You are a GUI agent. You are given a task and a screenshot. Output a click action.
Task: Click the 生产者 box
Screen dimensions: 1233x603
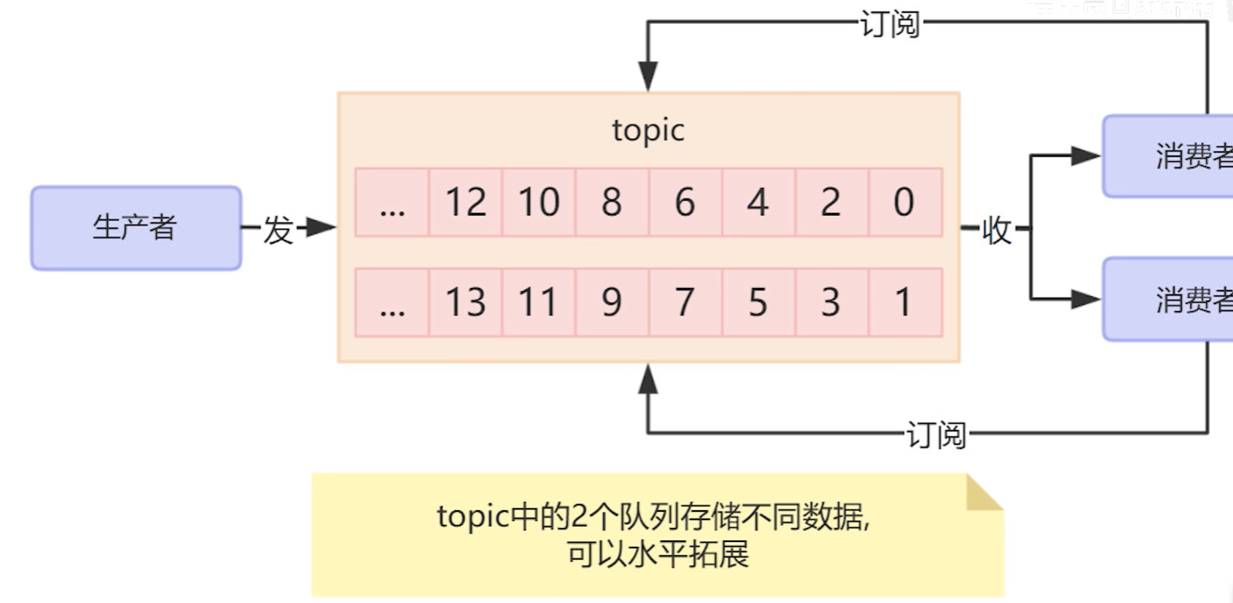136,228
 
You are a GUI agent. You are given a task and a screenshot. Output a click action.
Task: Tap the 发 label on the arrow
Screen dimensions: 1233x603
278,230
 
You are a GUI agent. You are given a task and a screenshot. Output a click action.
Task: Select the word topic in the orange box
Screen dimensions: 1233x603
647,130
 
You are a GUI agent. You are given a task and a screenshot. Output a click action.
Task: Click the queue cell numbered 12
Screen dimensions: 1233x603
465,203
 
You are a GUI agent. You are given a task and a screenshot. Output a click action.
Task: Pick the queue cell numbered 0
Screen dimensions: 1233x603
904,203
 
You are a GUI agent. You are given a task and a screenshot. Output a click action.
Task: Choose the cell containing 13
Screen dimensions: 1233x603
465,303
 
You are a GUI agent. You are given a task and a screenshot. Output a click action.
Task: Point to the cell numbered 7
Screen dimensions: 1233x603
684,303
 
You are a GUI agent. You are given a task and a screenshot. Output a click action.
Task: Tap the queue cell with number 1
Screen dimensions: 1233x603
904,303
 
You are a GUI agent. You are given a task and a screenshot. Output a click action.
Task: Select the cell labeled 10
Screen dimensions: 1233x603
538,203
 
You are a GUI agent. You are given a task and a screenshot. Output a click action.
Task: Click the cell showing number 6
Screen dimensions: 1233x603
684,203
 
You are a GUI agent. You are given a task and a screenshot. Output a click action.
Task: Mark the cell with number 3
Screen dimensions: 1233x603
831,303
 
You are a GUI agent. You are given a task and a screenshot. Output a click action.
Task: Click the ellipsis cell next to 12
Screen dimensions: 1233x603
392,203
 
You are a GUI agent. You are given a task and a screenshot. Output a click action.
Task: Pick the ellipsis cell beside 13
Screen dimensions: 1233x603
392,303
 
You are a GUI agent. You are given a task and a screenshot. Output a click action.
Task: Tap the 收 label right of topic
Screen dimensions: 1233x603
996,230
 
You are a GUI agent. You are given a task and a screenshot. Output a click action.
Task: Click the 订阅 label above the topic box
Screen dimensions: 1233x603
889,24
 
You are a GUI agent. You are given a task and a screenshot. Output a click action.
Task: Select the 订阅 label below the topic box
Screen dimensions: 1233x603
936,435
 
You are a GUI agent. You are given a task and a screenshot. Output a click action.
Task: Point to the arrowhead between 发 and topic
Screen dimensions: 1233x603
323,229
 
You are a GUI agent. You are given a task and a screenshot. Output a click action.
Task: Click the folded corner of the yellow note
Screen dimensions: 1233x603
983,493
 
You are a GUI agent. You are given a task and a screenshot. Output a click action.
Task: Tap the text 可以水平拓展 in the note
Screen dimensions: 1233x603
657,555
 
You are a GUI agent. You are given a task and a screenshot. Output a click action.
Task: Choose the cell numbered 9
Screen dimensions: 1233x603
612,303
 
